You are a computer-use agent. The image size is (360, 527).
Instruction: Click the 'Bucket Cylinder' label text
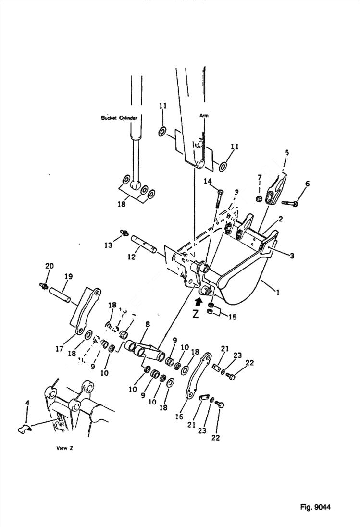[119, 118]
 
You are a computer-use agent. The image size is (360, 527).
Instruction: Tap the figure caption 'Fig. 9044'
[315, 507]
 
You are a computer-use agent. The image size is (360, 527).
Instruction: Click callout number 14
[207, 181]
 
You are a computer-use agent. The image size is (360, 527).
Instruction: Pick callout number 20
[49, 266]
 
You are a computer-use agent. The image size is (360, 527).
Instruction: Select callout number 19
[68, 276]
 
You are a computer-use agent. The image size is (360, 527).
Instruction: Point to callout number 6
[307, 184]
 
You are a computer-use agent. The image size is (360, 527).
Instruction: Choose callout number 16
[179, 417]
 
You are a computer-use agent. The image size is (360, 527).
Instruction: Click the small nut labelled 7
[259, 198]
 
